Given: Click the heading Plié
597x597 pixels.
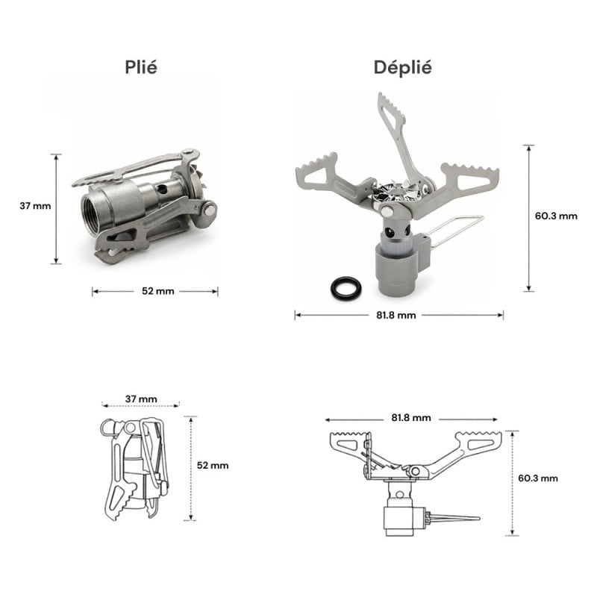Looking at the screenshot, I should [x=141, y=67].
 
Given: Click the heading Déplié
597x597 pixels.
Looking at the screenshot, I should [x=403, y=67].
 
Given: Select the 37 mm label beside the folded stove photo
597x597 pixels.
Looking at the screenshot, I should [x=35, y=205].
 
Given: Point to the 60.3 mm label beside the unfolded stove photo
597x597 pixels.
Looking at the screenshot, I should [x=556, y=216].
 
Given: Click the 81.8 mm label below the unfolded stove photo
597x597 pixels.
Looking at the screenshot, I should [x=396, y=315].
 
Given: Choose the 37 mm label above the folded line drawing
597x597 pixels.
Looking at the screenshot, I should [x=141, y=400].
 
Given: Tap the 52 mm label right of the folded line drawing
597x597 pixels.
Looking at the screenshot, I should [x=213, y=465].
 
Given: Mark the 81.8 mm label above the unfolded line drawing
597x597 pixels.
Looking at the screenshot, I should [x=412, y=418].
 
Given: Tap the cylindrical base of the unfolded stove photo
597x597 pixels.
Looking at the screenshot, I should [x=396, y=269].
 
